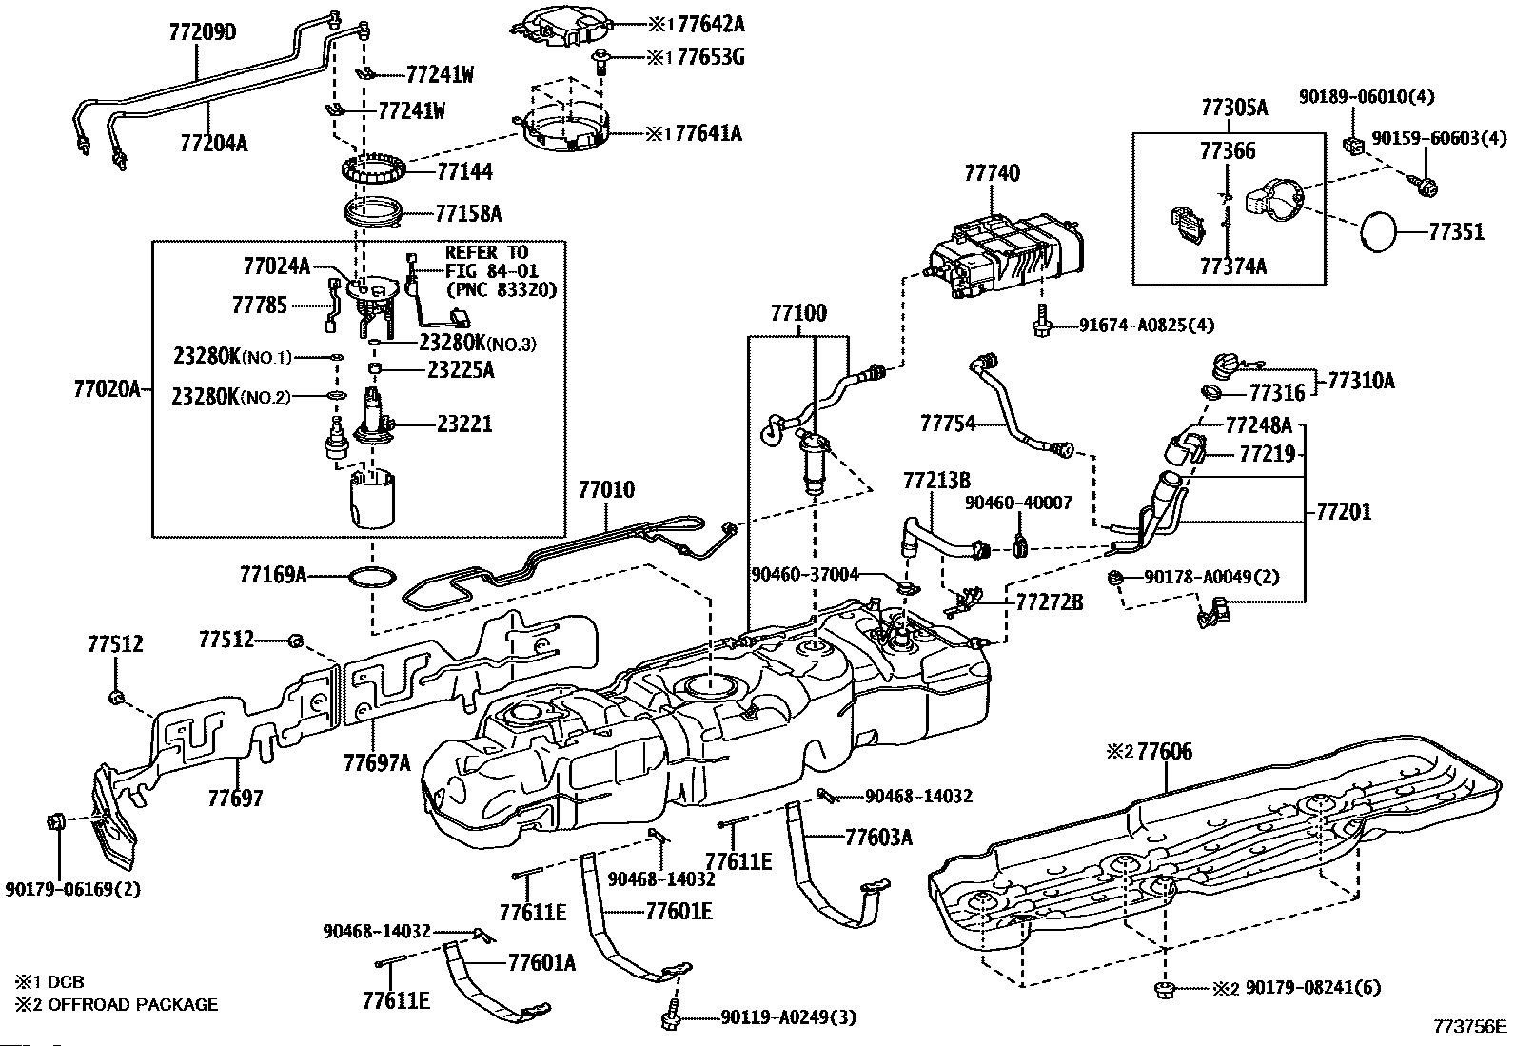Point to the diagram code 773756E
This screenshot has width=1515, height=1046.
click(x=1470, y=1027)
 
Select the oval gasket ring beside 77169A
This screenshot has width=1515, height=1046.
click(x=372, y=577)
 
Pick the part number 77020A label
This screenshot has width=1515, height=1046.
click(x=106, y=388)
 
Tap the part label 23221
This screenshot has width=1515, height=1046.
click(x=464, y=423)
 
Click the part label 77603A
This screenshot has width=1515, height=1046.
click(x=878, y=837)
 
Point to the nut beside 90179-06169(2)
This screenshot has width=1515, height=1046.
click(x=56, y=820)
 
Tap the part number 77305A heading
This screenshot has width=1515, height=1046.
click(x=1233, y=108)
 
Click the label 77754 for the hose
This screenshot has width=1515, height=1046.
click(x=948, y=423)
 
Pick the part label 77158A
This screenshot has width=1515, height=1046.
click(x=468, y=212)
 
